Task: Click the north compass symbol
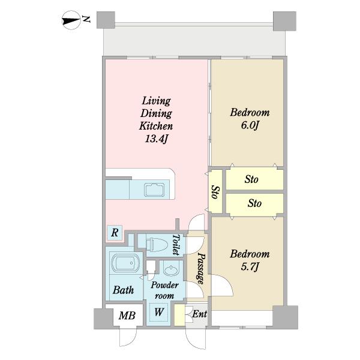click(71, 20)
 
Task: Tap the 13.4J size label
click(157, 139)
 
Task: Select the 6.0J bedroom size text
click(250, 125)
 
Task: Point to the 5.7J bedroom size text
click(250, 267)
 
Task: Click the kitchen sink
click(154, 190)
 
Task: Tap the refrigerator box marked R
click(115, 233)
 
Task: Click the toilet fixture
click(157, 245)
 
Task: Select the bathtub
click(125, 263)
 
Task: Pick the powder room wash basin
click(171, 270)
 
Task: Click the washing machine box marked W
click(159, 312)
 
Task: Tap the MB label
click(127, 316)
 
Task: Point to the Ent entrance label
click(199, 314)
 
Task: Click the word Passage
click(201, 269)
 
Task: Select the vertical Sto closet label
click(215, 192)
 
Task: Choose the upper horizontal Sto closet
click(254, 179)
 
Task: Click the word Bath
click(123, 290)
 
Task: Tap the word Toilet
click(176, 245)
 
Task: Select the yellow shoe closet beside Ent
click(179, 314)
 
